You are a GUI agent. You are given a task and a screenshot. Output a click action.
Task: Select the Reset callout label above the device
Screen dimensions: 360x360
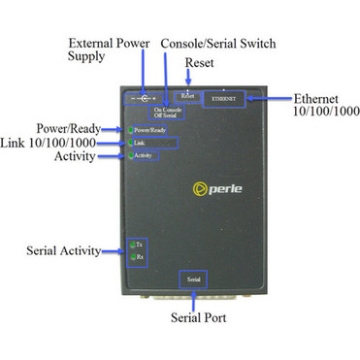[200, 63]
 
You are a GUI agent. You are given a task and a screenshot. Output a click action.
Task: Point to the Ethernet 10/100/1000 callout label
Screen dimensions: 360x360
[325, 104]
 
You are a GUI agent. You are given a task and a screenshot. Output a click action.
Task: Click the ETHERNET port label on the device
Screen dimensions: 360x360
[225, 100]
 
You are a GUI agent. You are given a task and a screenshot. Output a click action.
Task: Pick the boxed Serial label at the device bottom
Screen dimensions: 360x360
[193, 279]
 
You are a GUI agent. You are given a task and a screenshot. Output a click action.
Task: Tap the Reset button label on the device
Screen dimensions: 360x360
[187, 97]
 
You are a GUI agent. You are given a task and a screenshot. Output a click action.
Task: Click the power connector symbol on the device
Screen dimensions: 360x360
[144, 100]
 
